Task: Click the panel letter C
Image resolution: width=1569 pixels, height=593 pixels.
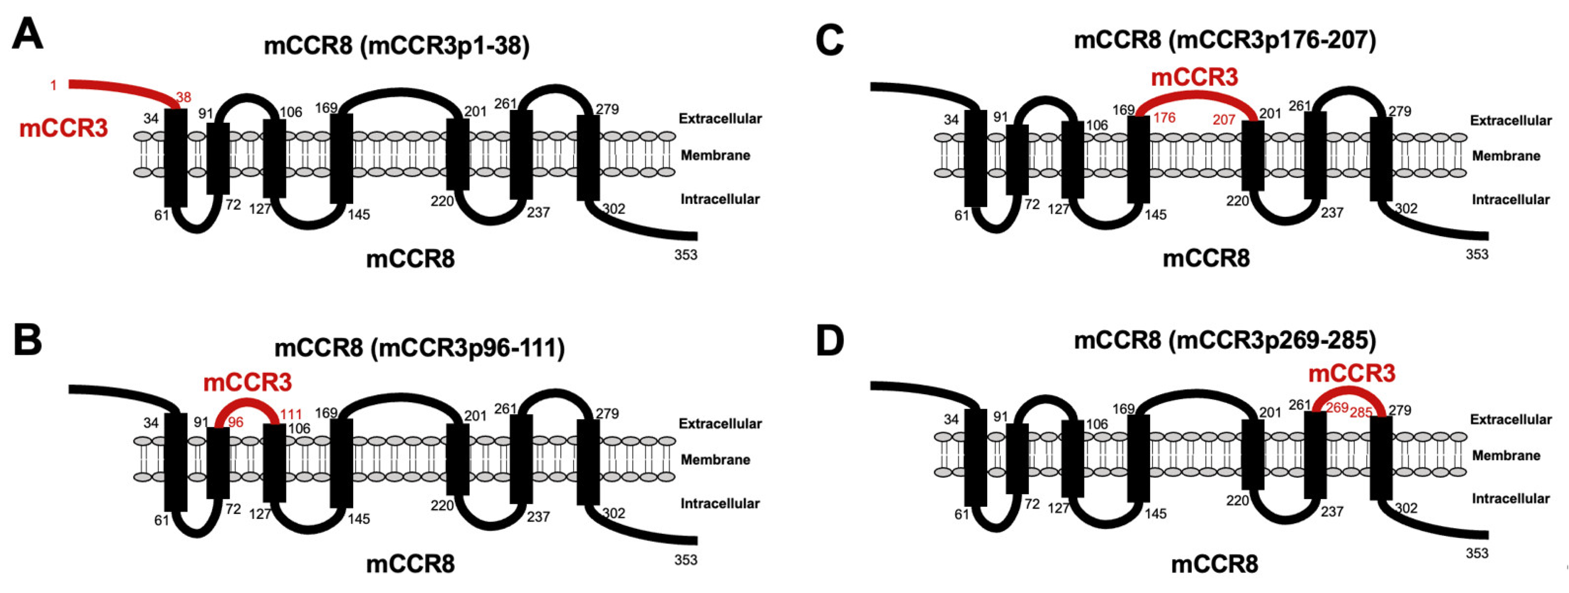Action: point(829,41)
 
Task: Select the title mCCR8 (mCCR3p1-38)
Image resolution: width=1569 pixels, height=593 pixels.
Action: point(397,46)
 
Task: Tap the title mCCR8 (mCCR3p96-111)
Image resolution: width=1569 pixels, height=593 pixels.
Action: point(419,348)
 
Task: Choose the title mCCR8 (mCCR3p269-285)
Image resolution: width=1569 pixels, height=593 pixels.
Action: point(1224,340)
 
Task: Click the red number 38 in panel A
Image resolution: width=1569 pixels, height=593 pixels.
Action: point(183,97)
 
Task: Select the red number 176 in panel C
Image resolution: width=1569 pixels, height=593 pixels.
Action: point(1164,118)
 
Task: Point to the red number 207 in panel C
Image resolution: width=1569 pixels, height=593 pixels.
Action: point(1223,119)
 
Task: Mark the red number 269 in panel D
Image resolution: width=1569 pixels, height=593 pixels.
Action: point(1337,408)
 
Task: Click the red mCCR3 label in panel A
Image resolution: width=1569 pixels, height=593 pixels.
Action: point(63,129)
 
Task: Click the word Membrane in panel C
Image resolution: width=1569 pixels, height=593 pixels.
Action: point(1506,156)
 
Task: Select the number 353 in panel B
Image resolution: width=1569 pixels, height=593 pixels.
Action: point(686,559)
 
